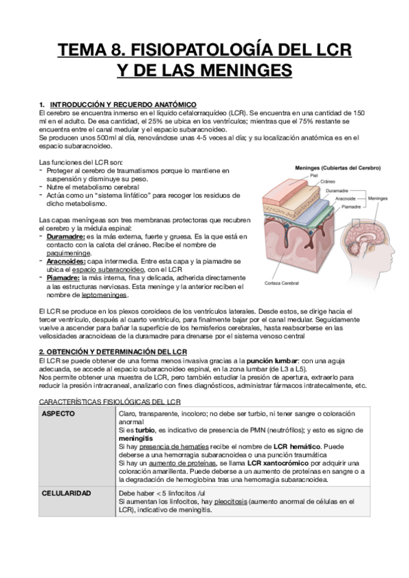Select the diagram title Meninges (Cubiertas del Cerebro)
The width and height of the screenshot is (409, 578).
click(337, 167)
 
